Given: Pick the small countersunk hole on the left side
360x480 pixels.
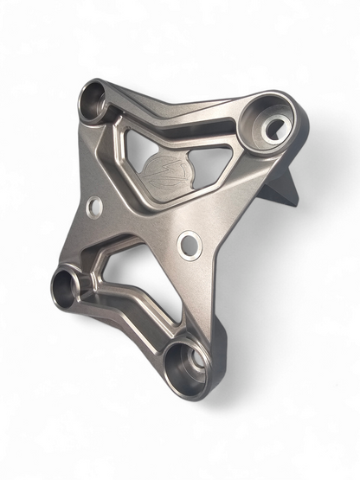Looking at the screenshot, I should (94, 207).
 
